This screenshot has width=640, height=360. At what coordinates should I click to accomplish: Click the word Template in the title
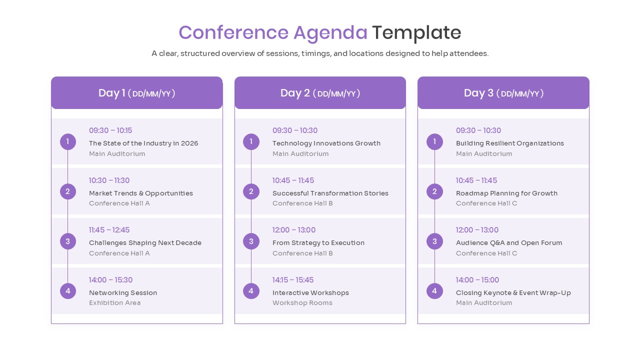coord(416,32)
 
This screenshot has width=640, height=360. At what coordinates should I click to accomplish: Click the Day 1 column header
coord(136,93)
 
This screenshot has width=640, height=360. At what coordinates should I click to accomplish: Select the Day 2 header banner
coord(320,93)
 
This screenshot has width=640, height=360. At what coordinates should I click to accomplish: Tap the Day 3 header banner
coord(503,93)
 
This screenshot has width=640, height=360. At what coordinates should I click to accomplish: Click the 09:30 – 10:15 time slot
coord(110,130)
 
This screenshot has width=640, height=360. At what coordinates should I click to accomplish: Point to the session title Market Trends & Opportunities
coord(140,193)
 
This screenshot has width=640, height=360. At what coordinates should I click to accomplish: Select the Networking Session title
coord(123,292)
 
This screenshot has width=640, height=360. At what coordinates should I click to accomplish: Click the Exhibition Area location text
coord(114,302)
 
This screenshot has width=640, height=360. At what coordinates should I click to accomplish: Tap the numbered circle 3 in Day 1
coord(68,241)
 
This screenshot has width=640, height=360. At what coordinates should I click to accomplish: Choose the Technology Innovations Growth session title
coord(326,143)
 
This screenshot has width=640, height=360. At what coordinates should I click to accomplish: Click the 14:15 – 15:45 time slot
coord(293,280)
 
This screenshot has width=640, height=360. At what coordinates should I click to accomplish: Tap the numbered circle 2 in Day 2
coord(251,191)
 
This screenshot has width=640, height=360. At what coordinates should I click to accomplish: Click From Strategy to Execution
coord(318,242)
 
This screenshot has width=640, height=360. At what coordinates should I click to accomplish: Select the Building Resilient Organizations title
coord(509,143)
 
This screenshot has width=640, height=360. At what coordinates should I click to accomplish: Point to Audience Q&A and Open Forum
coord(508,242)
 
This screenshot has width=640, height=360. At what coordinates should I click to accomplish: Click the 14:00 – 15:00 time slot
coord(477,280)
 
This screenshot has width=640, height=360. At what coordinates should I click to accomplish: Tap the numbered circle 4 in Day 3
coord(434,290)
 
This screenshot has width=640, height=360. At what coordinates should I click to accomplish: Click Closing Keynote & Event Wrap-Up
coord(513,292)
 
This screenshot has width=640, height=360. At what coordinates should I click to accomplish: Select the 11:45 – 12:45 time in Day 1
coord(109,230)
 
